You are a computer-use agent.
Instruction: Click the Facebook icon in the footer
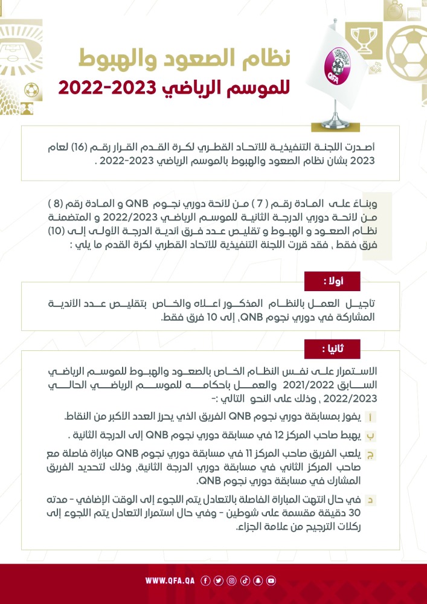coord(205,581)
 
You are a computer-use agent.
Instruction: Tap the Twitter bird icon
coord(219,581)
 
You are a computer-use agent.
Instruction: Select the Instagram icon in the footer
coord(232,581)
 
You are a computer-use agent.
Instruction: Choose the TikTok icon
coord(245,581)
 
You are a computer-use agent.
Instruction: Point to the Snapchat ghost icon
coord(258,581)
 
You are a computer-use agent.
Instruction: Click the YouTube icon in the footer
coord(271,581)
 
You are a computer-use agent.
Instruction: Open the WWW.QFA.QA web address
coord(170,581)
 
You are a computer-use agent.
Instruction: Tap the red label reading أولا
coord(332,281)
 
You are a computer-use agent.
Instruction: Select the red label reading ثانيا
coord(332,349)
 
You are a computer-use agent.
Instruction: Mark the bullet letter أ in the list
coord(387,417)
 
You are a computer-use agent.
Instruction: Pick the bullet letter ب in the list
coord(387,435)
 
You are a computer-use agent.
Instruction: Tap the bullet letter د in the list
coord(387,501)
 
